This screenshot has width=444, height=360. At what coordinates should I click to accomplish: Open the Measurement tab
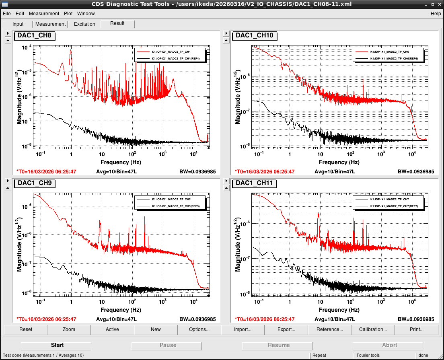50,25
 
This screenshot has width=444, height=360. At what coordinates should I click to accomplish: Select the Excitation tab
84,25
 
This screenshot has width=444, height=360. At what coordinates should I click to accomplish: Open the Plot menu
68,14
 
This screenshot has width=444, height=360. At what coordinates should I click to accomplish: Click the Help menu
436,14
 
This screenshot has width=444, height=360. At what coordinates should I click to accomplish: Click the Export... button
286,329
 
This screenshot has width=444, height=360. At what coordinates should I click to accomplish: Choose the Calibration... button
373,329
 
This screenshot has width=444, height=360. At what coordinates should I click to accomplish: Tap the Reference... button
330,329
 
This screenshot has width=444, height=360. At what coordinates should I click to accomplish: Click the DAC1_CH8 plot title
34,35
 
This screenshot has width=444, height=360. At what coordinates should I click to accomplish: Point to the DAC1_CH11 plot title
254,183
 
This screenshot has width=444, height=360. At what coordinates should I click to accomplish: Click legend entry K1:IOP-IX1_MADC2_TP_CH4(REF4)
176,59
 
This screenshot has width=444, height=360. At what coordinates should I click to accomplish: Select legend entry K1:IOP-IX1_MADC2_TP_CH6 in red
389,52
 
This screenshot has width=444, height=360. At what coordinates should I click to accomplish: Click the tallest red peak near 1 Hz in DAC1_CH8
70,50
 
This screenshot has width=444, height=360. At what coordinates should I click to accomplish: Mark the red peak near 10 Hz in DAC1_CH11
319,214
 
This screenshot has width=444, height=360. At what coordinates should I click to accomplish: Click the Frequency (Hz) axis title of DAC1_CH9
121,310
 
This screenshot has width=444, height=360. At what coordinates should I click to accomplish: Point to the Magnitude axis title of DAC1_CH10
237,97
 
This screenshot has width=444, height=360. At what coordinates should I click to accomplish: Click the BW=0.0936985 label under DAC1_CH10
416,172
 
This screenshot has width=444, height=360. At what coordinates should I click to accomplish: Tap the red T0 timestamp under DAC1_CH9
46,319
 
